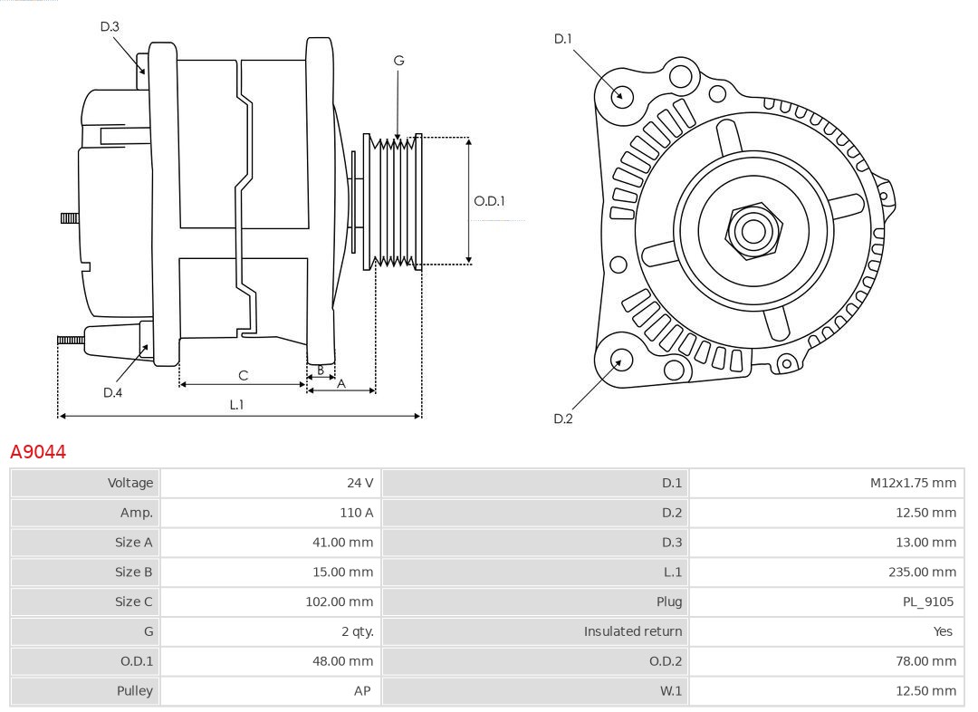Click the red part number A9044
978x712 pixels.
38,451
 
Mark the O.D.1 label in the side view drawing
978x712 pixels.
489,201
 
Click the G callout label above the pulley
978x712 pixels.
398,61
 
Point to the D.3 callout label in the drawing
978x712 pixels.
110,26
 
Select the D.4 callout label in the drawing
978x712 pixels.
112,392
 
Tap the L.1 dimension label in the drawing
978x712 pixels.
236,405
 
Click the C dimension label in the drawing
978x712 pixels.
243,375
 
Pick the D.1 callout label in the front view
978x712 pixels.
563,38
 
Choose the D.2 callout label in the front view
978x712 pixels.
563,419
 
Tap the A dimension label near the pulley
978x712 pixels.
341,383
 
